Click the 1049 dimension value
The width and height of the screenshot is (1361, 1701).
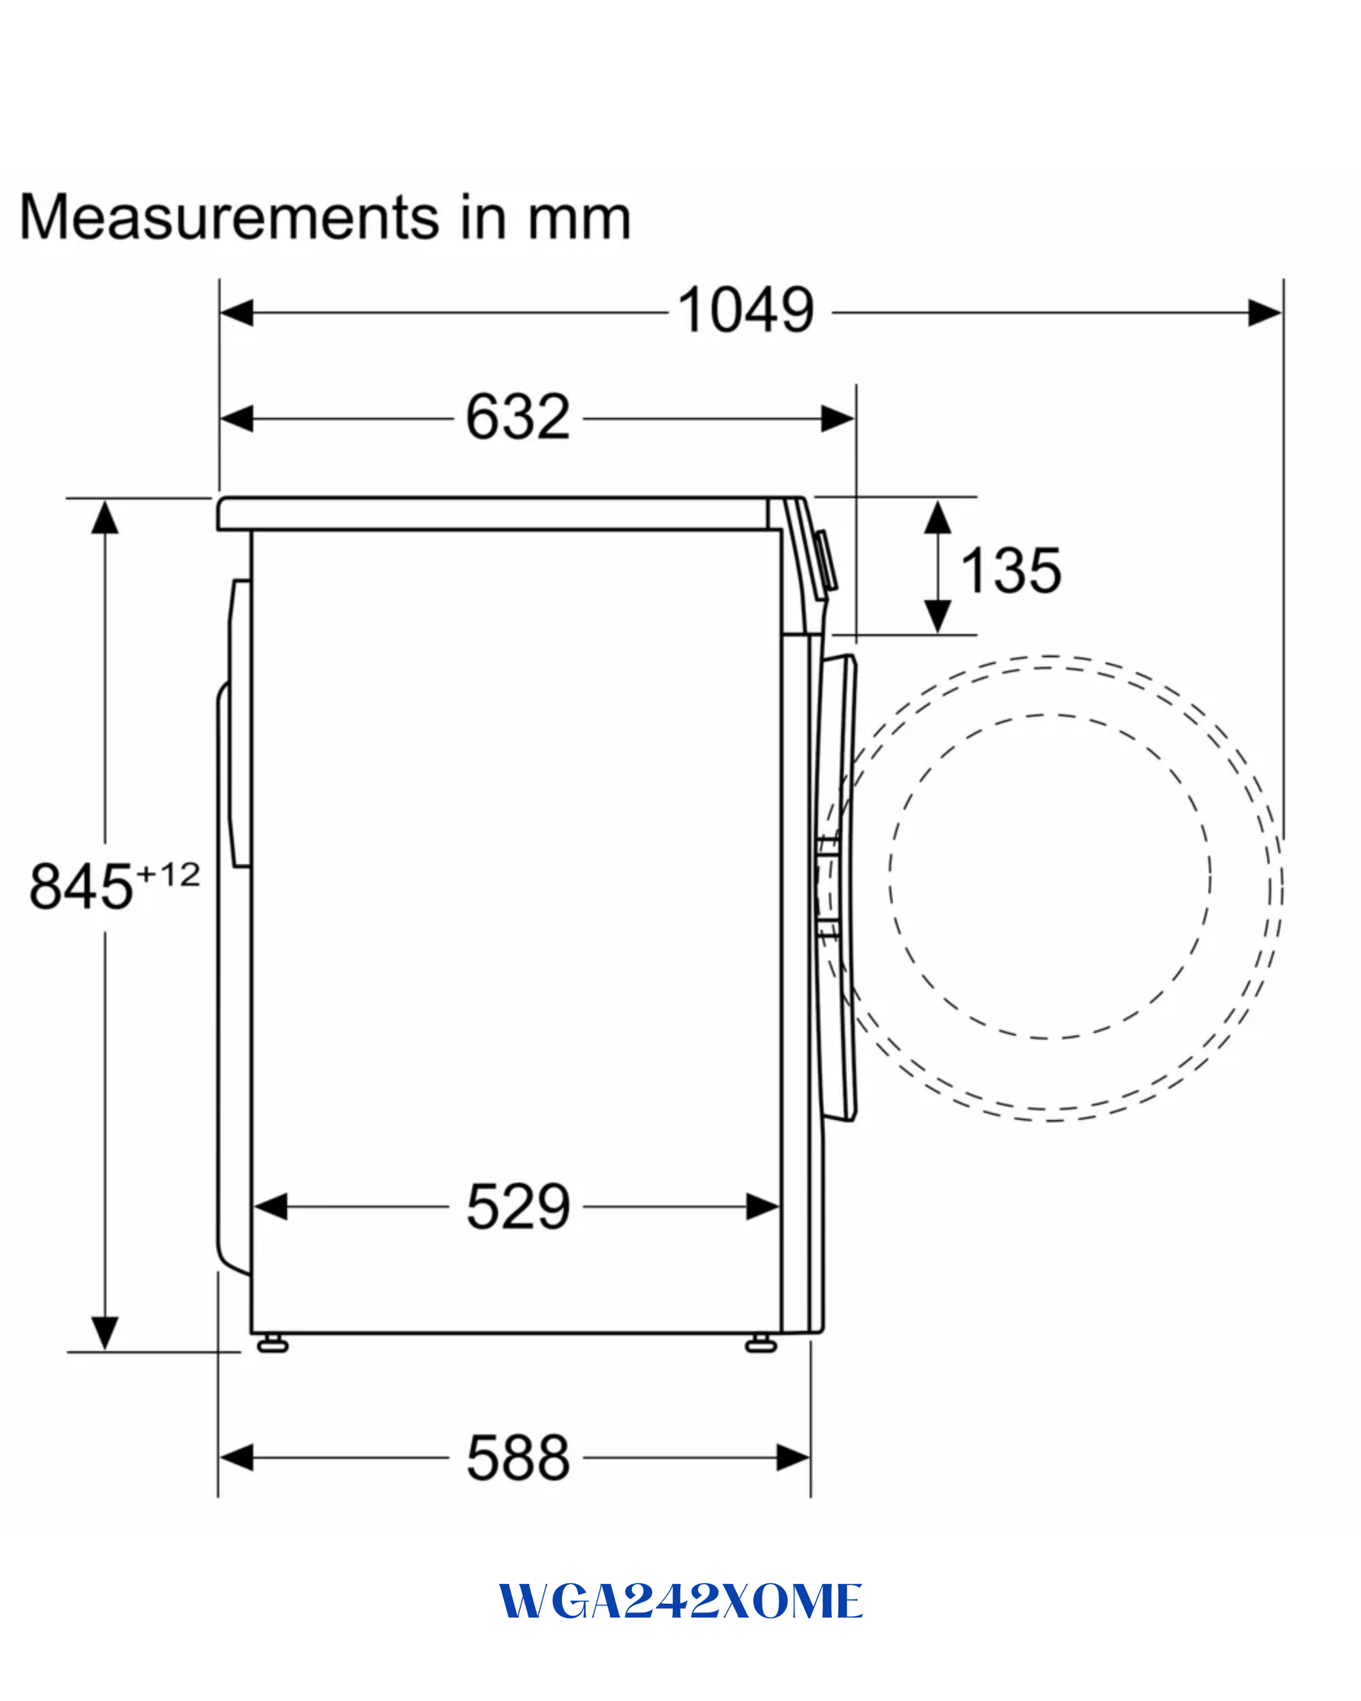coord(745,311)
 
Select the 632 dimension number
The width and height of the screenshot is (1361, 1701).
coord(518,417)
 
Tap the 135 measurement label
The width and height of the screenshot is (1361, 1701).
coord(1011,570)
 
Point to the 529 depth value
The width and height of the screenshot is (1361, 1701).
coord(518,1206)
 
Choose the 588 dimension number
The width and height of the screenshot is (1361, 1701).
coord(518,1458)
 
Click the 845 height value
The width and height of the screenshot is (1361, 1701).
coord(80,886)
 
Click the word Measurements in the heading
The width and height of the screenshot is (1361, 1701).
coord(229,217)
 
